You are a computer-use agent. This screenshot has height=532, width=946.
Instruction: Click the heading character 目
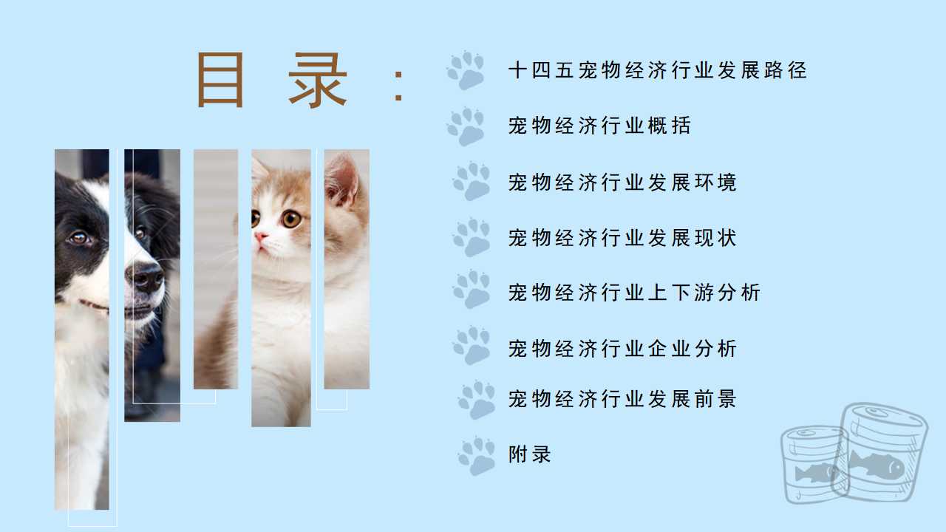220,80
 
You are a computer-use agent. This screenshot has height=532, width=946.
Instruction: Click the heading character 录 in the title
318,81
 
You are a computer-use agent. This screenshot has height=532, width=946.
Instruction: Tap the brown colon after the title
398,86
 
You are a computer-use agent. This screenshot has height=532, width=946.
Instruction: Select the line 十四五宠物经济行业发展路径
658,70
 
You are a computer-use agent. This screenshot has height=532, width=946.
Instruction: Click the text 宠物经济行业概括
599,126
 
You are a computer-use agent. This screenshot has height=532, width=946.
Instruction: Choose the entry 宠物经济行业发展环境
622,183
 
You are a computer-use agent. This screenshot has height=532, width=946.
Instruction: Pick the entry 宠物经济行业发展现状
622,238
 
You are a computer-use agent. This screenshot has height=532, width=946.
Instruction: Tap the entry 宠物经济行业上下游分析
634,293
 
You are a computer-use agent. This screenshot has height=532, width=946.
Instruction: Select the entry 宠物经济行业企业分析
622,349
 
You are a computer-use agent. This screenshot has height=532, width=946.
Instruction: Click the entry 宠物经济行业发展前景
622,399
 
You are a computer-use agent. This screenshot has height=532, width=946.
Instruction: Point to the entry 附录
530,454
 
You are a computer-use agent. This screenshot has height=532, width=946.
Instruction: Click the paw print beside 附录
477,456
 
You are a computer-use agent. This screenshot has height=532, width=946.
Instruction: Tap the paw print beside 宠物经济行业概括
466,126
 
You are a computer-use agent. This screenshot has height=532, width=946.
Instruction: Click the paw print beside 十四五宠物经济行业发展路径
466,70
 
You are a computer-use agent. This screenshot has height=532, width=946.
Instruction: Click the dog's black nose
146,277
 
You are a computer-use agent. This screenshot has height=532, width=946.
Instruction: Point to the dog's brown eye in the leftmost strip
79,239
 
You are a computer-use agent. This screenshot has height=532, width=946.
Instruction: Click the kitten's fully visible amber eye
291,219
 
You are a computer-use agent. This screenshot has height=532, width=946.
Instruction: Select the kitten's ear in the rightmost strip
341,180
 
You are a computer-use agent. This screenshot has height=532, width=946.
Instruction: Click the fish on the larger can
877,465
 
